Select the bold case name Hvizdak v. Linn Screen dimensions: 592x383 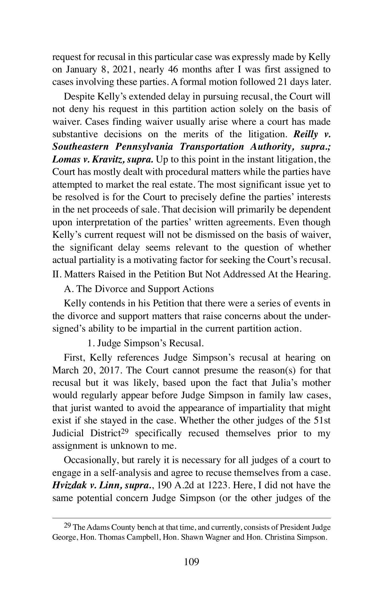point(86,485)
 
